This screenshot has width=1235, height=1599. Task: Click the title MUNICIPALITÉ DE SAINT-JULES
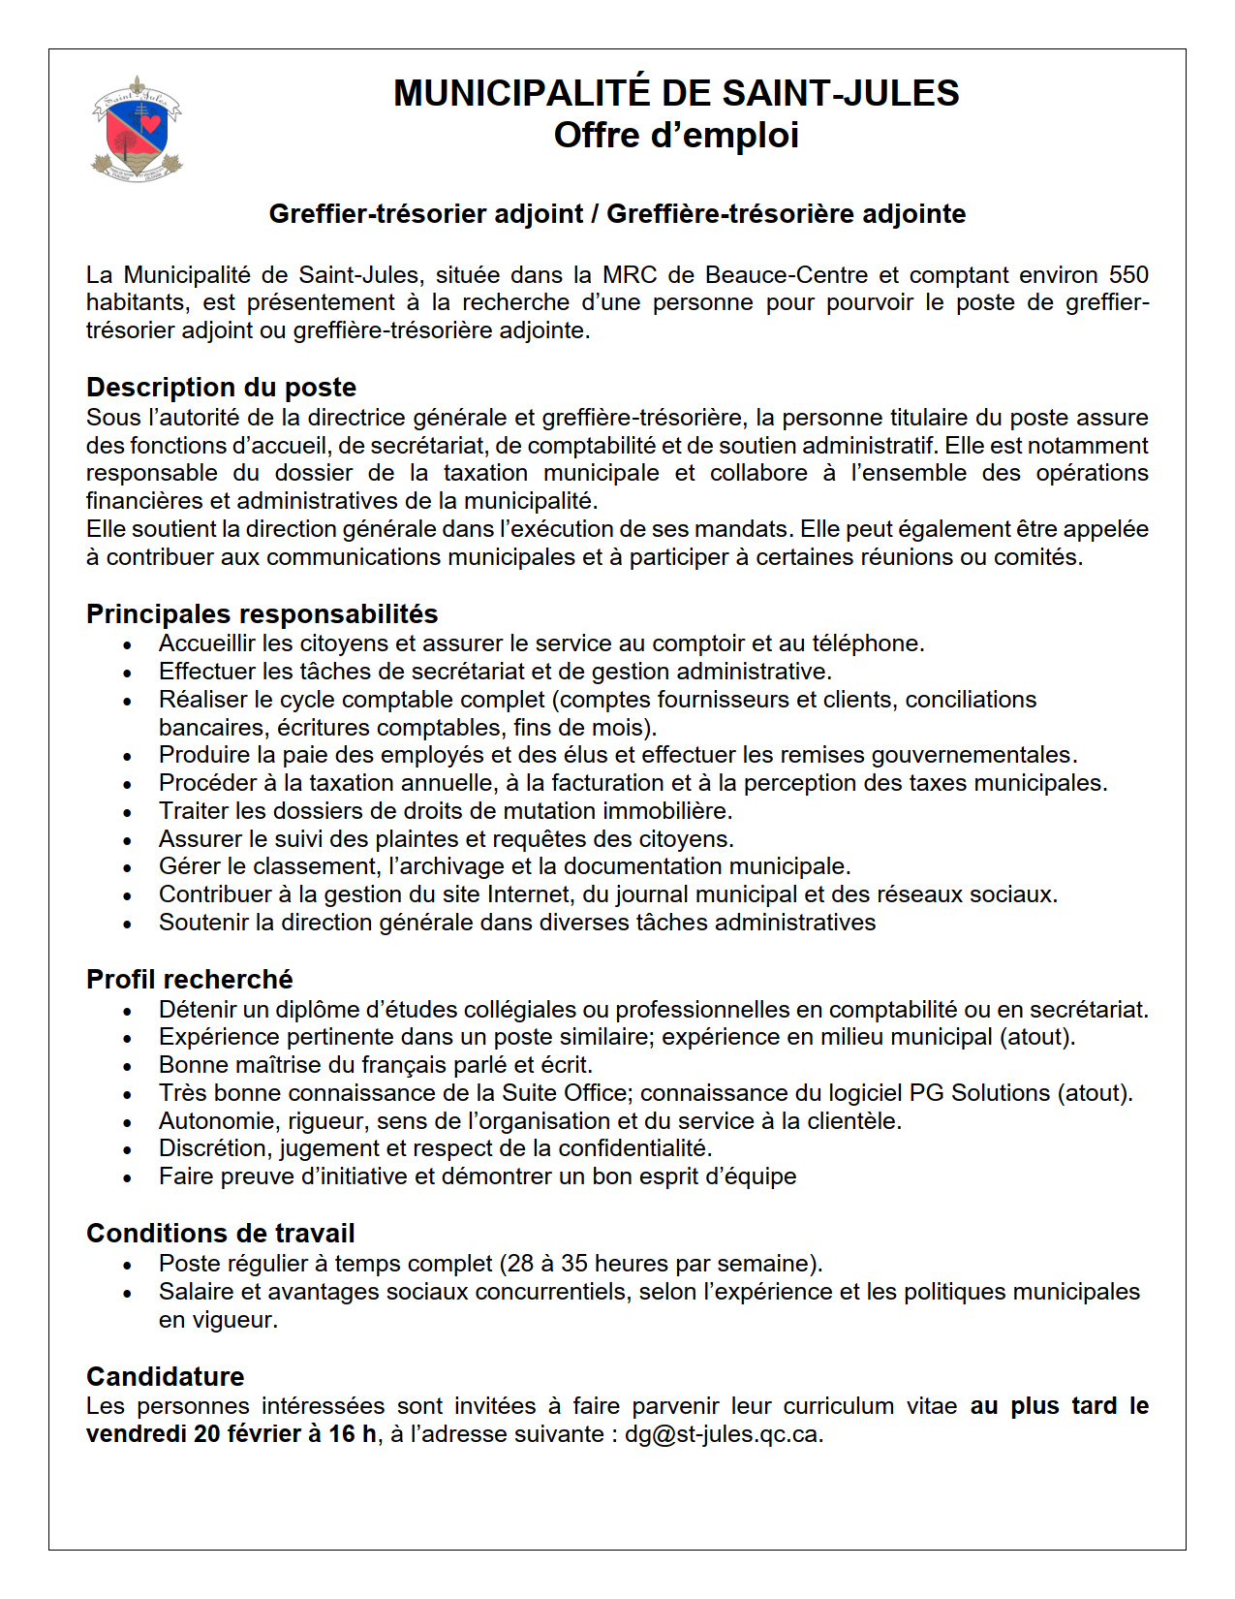pos(676,93)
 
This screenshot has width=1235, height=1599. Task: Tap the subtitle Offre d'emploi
pos(676,136)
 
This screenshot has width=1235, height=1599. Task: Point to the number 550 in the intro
pos(1128,275)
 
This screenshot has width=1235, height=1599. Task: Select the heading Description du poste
pos(221,388)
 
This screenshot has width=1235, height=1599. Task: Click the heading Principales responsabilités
pos(262,614)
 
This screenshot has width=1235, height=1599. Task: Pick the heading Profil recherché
pos(189,980)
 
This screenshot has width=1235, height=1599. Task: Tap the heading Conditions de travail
pos(220,1234)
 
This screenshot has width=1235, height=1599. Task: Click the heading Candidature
pos(165,1377)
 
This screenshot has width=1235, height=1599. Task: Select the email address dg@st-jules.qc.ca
pos(722,1434)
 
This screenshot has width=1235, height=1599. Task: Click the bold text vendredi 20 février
pos(194,1434)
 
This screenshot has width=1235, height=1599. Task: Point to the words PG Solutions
pos(979,1093)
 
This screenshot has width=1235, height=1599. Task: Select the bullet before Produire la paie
pos(128,757)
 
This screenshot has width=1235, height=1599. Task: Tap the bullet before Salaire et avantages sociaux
pos(128,1294)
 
